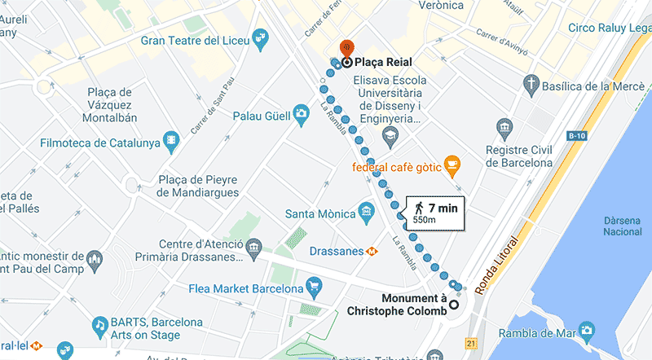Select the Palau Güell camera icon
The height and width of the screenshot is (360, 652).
coord(301,115)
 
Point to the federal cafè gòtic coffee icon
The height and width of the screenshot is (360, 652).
coord(452,167)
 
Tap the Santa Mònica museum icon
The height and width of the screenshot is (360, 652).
coord(366,213)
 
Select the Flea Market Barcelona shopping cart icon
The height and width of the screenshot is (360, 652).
coord(313,287)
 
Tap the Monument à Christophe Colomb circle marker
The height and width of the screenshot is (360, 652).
coord(454,305)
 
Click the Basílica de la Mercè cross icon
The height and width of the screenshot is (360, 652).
coord(530,85)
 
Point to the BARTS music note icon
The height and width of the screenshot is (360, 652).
coord(100,324)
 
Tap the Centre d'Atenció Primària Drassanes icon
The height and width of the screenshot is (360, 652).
coord(254,245)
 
